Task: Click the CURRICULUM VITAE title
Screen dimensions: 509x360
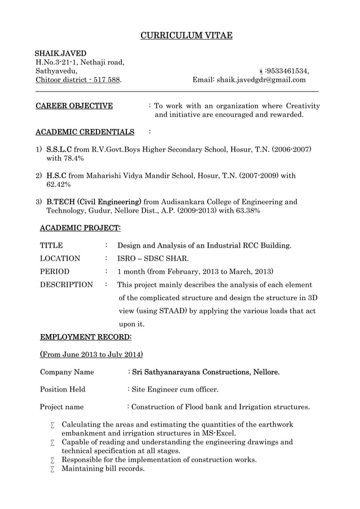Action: (x=186, y=36)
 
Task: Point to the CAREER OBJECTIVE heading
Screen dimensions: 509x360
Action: (x=74, y=106)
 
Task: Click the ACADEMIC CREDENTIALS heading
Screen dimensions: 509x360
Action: (x=85, y=132)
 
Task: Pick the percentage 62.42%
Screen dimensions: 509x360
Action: (x=58, y=185)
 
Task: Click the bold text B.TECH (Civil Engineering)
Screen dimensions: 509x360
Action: (x=94, y=201)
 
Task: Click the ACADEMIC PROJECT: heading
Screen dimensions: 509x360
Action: (x=80, y=228)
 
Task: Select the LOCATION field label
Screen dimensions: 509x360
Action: (x=60, y=258)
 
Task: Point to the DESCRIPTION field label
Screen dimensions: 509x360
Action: (x=66, y=284)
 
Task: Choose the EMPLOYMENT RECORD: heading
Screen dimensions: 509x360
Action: (x=86, y=337)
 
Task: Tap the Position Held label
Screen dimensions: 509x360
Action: (x=62, y=389)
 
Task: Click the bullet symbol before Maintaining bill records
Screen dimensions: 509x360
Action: (x=52, y=469)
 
